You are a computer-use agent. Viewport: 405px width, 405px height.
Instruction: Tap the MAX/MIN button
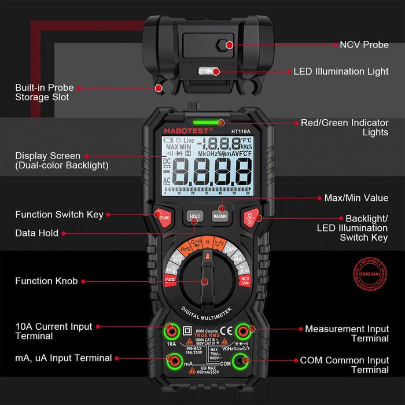tap(219, 215)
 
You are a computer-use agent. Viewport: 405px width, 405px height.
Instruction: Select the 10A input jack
tap(171, 332)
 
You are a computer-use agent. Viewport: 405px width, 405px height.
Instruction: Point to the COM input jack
tap(244, 363)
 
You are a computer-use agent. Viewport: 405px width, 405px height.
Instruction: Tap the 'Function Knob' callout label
tap(43, 281)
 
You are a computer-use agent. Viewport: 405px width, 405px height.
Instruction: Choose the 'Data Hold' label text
tap(36, 233)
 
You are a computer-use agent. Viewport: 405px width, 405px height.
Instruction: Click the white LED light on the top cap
tap(204, 72)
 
